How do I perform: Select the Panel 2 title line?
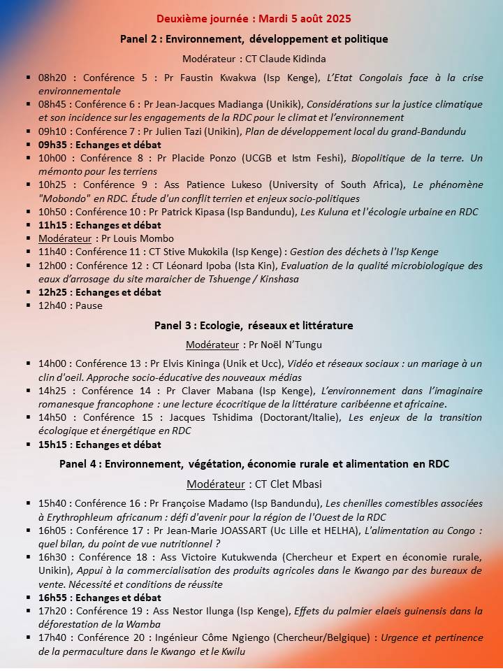click(x=254, y=39)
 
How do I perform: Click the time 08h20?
click(x=52, y=78)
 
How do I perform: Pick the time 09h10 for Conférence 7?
click(x=52, y=131)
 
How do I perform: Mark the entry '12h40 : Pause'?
click(x=70, y=305)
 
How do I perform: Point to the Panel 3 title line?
click(x=254, y=325)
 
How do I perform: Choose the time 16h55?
click(x=52, y=598)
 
